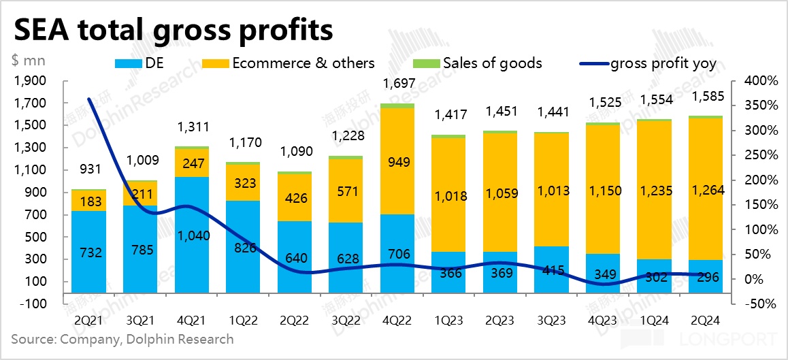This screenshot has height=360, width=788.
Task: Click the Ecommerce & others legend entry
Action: coord(303,63)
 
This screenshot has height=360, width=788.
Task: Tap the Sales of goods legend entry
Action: coord(492,63)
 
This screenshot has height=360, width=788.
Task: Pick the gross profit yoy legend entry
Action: coord(663,63)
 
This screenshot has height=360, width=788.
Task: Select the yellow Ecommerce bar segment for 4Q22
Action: coord(397,161)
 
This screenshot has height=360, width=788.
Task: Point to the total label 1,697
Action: coord(397,84)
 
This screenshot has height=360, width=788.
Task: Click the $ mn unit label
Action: coord(28,59)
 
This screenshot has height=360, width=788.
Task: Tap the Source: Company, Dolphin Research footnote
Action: coord(122,338)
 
